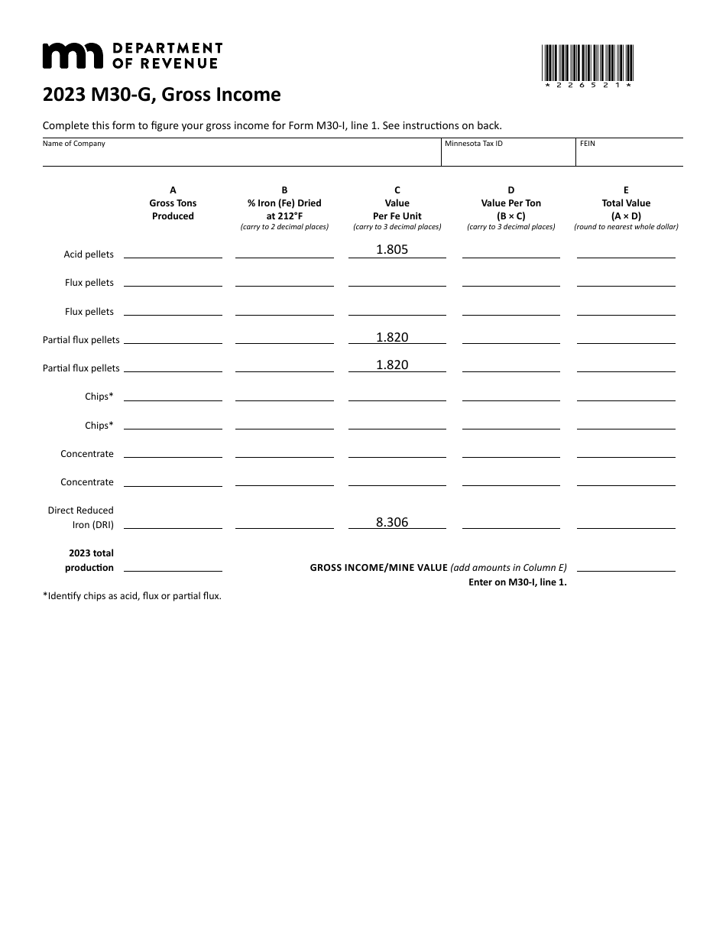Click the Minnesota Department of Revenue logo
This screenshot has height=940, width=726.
[131, 56]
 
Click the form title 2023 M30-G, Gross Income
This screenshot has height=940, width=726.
[161, 95]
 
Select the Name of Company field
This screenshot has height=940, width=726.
[241, 155]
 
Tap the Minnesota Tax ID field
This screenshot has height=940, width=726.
[507, 155]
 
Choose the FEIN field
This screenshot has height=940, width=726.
[629, 155]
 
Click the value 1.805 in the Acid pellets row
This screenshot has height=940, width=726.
[392, 249]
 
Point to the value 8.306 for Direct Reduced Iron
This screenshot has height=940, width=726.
[392, 523]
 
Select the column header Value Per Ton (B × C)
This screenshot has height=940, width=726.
[511, 209]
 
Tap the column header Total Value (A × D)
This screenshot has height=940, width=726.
[626, 209]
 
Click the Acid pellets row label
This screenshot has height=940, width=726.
[89, 254]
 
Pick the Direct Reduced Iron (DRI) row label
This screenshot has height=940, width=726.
[81, 517]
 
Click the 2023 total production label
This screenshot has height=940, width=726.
[91, 560]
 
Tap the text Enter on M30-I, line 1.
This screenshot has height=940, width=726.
[517, 582]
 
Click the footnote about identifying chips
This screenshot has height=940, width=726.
[132, 596]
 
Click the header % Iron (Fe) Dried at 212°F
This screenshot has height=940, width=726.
[284, 209]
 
